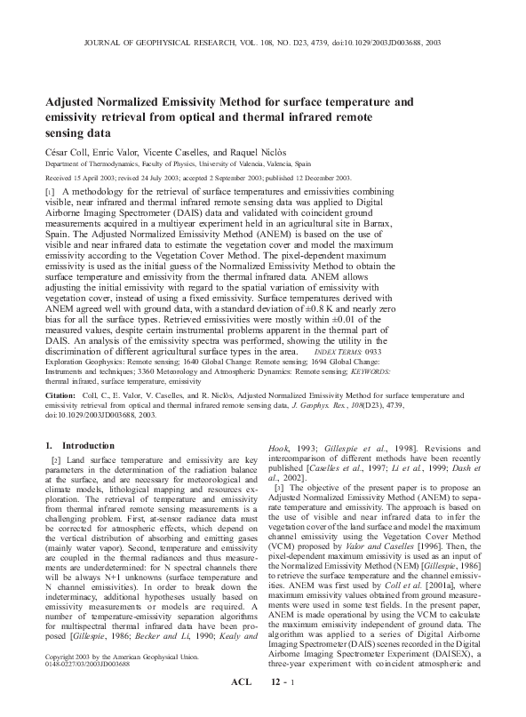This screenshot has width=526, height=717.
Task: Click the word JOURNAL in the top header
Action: [x=106, y=42]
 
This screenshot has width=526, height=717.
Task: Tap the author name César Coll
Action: [x=67, y=153]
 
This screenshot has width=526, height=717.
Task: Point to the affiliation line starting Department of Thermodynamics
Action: [x=165, y=164]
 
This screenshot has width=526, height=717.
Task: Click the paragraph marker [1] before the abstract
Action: [x=50, y=192]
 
